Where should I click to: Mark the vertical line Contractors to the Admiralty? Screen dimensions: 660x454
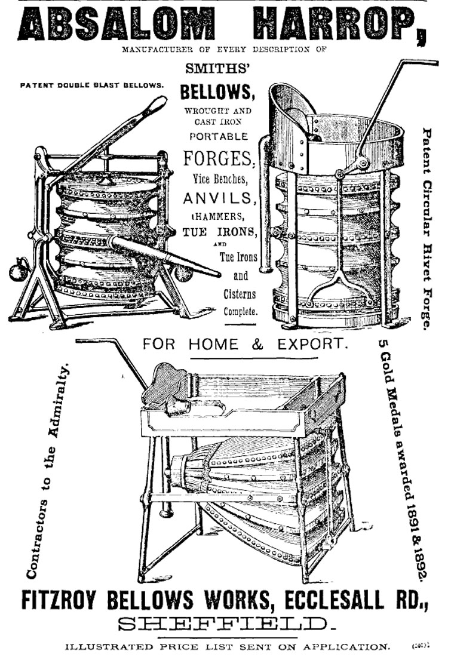coord(47,472)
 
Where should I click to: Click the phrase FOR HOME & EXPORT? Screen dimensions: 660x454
coord(244,345)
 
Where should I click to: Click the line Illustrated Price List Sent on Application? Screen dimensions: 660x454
coord(226,646)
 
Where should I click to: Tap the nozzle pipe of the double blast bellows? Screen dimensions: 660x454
coord(167,256)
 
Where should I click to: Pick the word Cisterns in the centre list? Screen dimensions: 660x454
coord(240,294)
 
